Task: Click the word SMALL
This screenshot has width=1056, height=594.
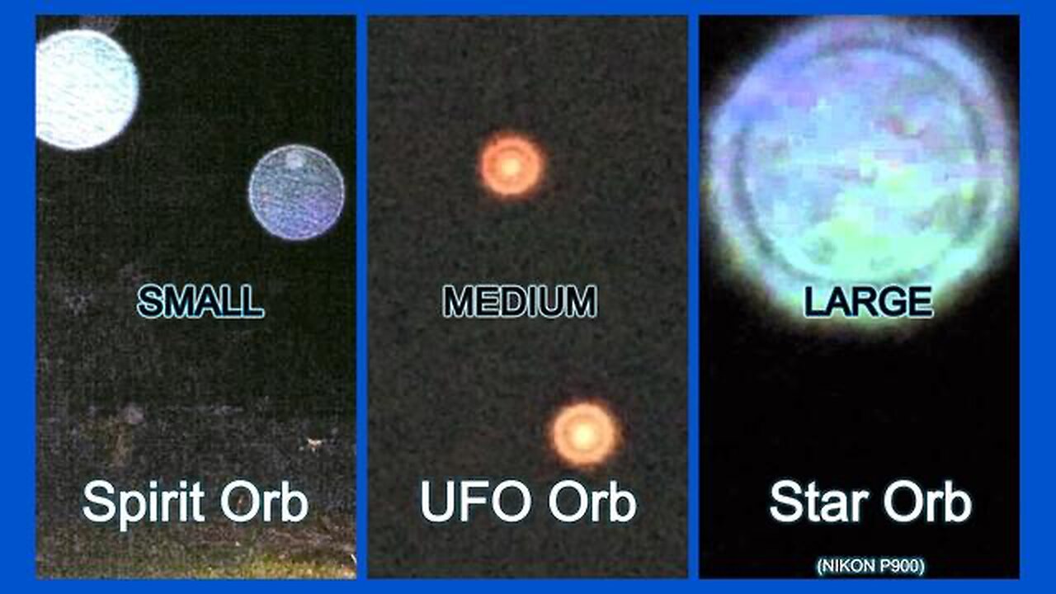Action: tap(200, 303)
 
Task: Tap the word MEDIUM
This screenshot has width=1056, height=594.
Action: tap(519, 303)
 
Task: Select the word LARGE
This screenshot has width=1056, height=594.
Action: tap(868, 303)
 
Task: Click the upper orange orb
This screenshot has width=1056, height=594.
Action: tap(511, 166)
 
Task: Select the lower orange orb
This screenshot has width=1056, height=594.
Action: tap(585, 433)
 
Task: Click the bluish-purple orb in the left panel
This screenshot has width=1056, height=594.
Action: tap(296, 192)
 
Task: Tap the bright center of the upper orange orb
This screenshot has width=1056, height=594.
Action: tap(511, 166)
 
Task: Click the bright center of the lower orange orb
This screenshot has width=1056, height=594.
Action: tap(585, 433)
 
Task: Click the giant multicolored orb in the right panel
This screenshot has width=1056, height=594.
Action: tap(858, 165)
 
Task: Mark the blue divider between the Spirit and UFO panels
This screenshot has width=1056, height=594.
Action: tap(361, 297)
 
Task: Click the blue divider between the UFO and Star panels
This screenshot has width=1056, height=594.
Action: tap(693, 297)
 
